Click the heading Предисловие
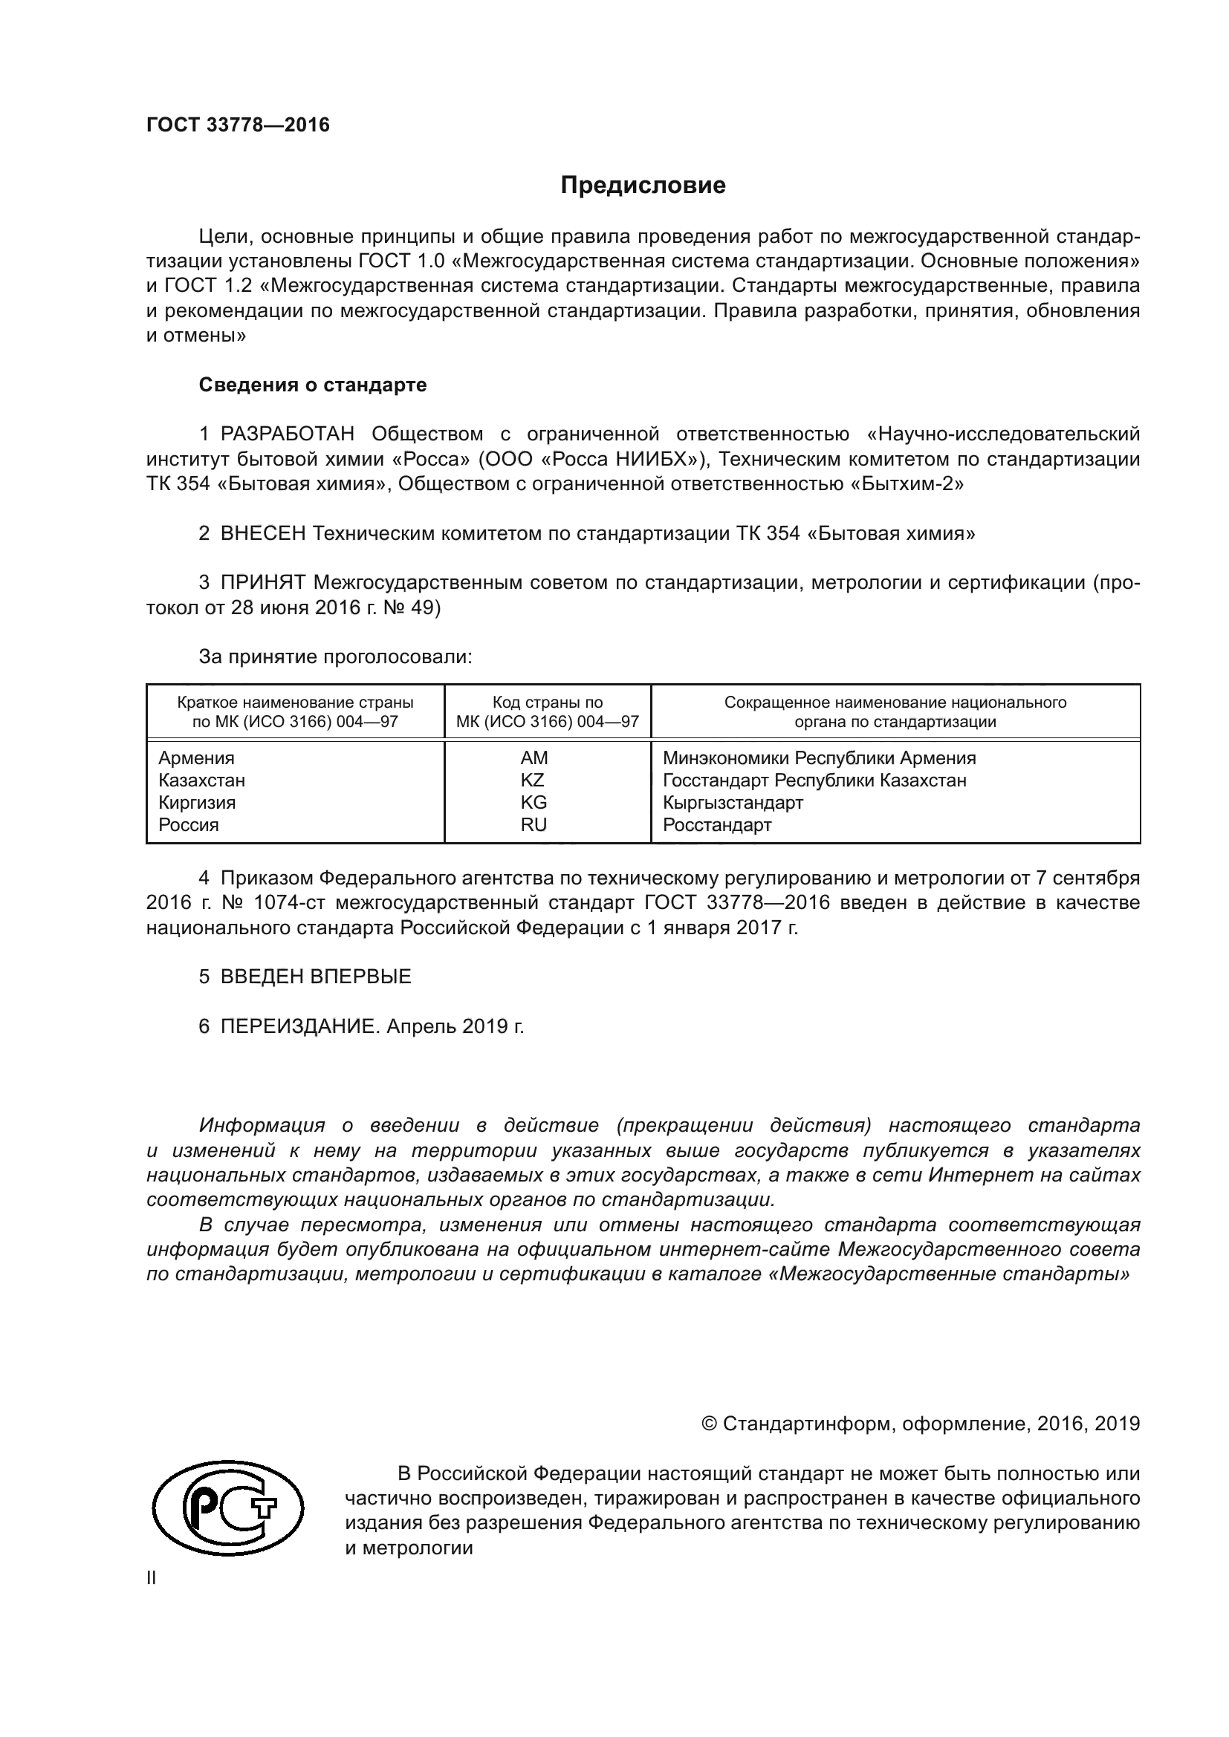[643, 185]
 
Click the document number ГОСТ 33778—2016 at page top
[239, 125]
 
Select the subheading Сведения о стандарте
[313, 385]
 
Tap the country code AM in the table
[534, 758]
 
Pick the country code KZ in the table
[533, 780]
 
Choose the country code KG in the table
[534, 802]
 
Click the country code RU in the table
[534, 824]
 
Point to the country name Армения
[197, 758]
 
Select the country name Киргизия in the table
[198, 802]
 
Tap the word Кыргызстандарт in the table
[733, 802]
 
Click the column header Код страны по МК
[548, 711]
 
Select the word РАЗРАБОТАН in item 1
[287, 434]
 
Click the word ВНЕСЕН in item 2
[262, 533]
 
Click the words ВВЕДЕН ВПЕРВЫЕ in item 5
[316, 976]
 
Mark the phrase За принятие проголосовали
[335, 656]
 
